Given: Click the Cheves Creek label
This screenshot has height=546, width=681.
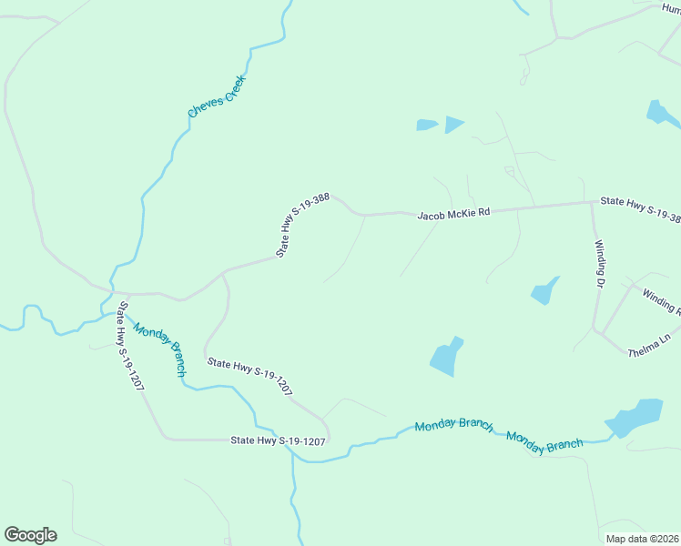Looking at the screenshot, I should click(211, 96).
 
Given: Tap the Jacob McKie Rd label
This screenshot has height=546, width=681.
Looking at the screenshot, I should click(453, 214).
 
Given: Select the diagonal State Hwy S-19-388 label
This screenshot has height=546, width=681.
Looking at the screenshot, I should click(302, 224).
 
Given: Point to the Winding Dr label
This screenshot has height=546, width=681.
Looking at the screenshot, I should click(600, 264).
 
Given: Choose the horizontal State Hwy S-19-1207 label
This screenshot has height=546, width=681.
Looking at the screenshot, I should click(278, 440).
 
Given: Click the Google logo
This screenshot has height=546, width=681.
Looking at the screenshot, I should click(30, 535).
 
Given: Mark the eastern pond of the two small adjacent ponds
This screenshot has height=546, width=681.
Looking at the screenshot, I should click(453, 124).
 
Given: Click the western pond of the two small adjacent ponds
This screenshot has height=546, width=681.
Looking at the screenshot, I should click(426, 125).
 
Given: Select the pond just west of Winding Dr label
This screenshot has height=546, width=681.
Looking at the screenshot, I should click(544, 290).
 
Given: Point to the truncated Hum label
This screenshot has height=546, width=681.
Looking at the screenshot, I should click(670, 8).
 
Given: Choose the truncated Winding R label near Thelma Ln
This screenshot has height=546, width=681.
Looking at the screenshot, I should click(661, 301).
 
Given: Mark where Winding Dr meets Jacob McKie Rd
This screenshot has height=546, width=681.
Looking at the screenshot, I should click(591, 202).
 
